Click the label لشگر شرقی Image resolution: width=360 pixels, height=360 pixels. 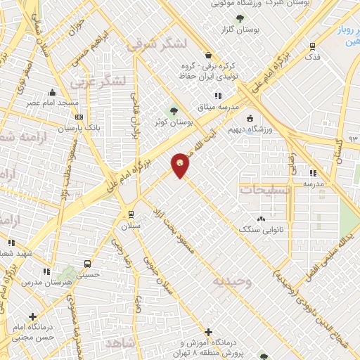pos(157,45)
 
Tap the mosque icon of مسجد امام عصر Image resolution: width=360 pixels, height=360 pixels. pos(52,92)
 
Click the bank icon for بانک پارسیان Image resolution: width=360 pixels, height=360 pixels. pos(79,117)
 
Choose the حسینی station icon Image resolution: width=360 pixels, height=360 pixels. pos(86,264)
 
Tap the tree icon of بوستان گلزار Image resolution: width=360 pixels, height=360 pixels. pos(241,19)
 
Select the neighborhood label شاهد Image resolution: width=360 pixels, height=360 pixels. pos(121,342)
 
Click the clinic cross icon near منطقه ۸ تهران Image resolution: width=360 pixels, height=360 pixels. pos(208,331)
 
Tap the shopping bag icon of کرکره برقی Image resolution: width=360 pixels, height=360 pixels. pos(207,55)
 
